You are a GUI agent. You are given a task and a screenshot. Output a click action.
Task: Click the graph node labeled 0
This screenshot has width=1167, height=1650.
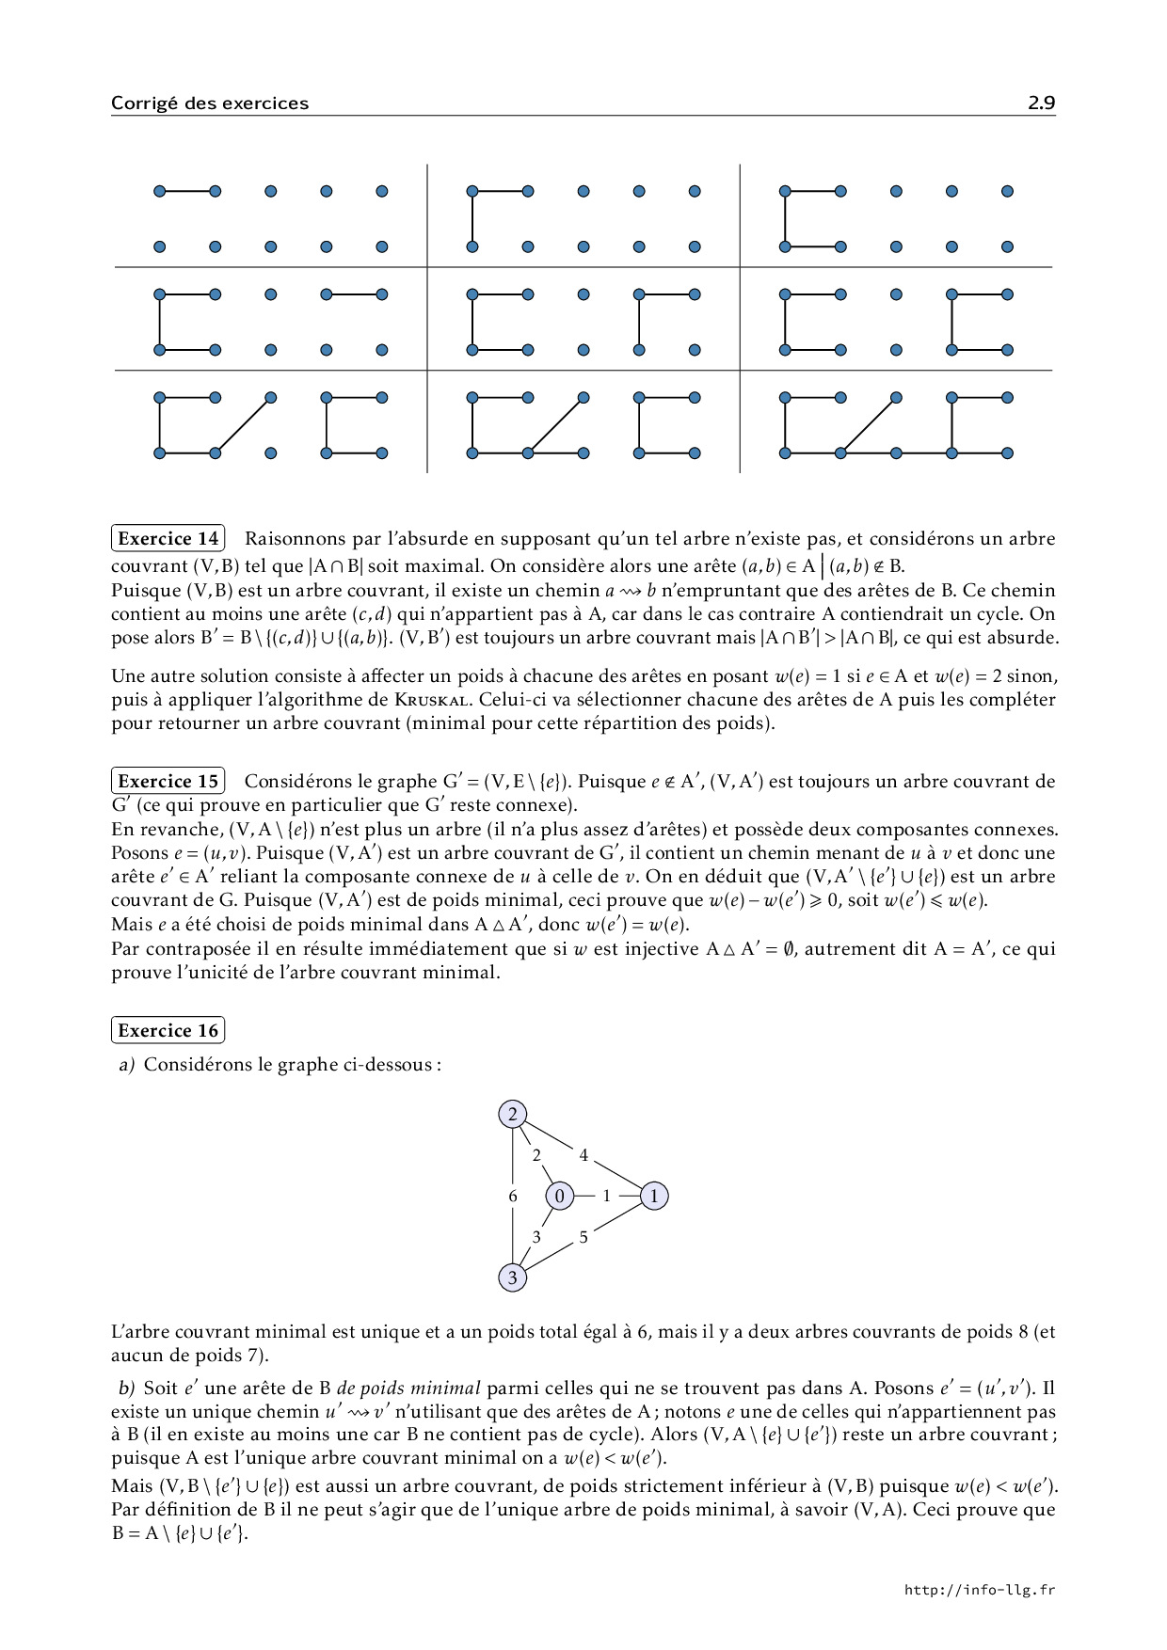click(x=560, y=1196)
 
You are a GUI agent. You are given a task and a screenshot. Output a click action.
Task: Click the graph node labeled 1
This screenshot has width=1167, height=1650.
click(x=654, y=1196)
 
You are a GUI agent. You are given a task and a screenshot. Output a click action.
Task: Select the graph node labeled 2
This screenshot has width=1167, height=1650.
click(x=512, y=1115)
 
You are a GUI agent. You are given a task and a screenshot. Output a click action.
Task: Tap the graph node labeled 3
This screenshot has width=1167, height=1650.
click(x=512, y=1277)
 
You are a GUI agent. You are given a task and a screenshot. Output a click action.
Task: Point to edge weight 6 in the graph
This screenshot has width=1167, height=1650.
click(x=513, y=1196)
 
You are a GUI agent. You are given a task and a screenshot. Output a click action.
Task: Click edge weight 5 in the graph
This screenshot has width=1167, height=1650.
click(x=583, y=1237)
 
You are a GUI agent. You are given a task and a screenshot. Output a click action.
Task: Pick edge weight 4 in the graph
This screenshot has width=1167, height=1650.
click(x=583, y=1154)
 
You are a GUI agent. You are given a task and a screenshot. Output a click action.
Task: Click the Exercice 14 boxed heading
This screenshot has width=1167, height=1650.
click(x=168, y=538)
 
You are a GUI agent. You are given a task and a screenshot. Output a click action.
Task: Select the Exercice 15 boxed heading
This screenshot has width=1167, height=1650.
click(x=168, y=781)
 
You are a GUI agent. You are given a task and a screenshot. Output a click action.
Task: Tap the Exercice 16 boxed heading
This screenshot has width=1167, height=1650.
click(x=168, y=1030)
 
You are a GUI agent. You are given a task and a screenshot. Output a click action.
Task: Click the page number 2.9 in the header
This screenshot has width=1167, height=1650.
click(x=1041, y=103)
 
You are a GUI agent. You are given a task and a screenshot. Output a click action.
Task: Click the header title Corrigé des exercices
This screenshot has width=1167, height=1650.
click(x=209, y=103)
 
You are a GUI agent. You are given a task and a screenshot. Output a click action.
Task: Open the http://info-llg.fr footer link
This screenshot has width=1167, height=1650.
click(x=979, y=1590)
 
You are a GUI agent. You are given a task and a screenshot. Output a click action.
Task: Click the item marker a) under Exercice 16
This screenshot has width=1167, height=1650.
click(x=127, y=1064)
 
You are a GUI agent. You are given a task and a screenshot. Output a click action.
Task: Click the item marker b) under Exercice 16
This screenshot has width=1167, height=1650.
click(x=127, y=1388)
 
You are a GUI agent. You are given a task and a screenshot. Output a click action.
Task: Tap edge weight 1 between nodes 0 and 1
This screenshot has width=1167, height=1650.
click(x=606, y=1196)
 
